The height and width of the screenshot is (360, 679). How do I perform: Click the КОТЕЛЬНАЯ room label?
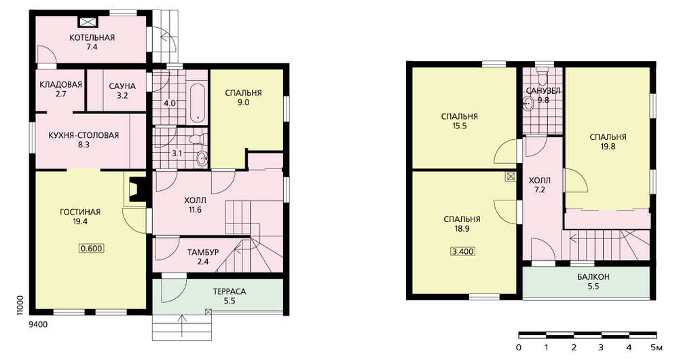click(x=92, y=37)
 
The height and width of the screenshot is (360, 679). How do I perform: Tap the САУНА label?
click(x=122, y=86)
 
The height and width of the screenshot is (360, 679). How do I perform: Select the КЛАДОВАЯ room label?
click(x=60, y=84)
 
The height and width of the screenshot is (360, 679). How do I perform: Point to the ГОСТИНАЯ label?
click(x=80, y=213)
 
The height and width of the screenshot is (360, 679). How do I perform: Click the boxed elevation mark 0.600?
click(x=92, y=248)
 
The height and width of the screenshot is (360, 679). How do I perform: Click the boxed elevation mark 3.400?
click(x=462, y=251)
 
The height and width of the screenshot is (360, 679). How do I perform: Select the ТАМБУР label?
click(x=203, y=252)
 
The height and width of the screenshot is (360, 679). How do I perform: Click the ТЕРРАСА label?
click(x=230, y=291)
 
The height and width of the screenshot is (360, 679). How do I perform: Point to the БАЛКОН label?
click(x=593, y=277)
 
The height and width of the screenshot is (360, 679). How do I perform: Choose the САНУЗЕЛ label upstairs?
click(x=543, y=91)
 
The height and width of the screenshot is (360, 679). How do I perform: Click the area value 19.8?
click(x=608, y=147)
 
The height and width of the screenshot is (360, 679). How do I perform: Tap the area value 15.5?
click(x=460, y=126)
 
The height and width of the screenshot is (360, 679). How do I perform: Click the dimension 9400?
click(x=39, y=324)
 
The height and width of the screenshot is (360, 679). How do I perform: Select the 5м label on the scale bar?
click(x=657, y=348)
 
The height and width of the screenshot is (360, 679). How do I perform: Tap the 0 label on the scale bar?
click(x=519, y=348)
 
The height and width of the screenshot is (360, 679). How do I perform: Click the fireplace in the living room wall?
click(x=135, y=189)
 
